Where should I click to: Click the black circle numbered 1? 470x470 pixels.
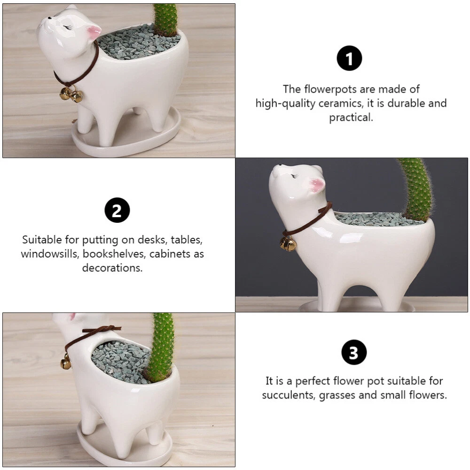click(349, 58)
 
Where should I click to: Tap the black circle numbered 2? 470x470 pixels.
click(117, 210)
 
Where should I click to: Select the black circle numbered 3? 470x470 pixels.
click(354, 352)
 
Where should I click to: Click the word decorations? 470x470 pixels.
click(112, 268)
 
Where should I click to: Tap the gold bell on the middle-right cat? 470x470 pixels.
click(288, 243)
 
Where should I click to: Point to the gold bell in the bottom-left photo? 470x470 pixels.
click(66, 361)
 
